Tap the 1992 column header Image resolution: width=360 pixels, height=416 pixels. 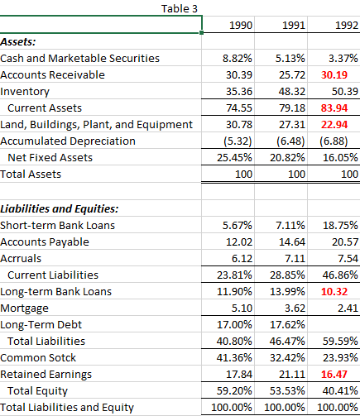pos(343,26)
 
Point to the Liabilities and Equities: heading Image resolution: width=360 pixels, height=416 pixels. pos(60,208)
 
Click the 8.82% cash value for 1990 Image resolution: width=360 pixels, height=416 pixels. pos(239,58)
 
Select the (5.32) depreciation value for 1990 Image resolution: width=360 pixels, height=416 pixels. pos(239,141)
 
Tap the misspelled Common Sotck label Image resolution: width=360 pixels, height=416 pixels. pos(39,357)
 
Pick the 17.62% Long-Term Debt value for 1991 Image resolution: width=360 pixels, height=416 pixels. pos(290,324)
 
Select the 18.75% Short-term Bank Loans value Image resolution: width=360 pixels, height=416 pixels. pos(340,224)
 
